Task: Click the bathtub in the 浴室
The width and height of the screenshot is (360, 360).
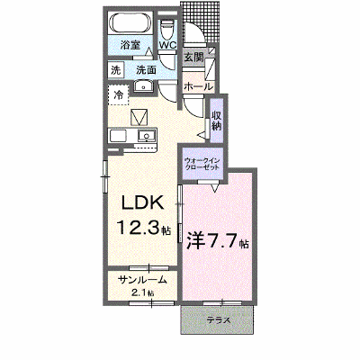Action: [x=130, y=23]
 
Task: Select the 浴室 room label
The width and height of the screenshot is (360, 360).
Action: [x=130, y=45]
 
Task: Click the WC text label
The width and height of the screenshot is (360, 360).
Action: [x=167, y=45]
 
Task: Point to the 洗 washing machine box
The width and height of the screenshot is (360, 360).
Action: [x=115, y=70]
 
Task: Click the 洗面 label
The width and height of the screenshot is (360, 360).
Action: [x=146, y=70]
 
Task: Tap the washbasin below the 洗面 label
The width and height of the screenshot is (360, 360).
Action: [x=143, y=87]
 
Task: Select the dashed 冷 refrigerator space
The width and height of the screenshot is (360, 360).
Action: [x=118, y=94]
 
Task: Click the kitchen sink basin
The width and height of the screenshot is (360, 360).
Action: [x=147, y=136]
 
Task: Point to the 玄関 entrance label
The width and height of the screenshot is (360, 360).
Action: [x=193, y=57]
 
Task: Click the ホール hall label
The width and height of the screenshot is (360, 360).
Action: [x=198, y=87]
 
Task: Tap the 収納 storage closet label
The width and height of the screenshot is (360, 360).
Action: [x=217, y=121]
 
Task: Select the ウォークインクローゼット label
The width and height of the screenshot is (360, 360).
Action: [x=202, y=164]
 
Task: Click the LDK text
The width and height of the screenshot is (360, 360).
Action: [x=142, y=203]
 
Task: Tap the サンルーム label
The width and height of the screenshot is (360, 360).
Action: [x=142, y=280]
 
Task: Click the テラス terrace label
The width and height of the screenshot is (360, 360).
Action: [x=219, y=320]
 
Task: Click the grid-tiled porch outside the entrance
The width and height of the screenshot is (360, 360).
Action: [x=201, y=21]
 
